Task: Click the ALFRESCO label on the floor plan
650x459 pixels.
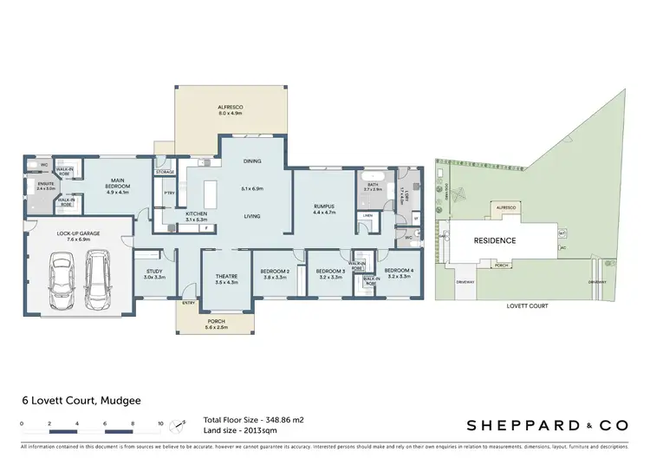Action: point(230,107)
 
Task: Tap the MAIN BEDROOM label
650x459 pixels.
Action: point(116,184)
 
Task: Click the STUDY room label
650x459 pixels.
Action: point(154,272)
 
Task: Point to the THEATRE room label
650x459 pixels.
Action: point(225,276)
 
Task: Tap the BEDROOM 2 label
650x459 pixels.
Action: point(276,272)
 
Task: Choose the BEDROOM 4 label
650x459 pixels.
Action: point(400,272)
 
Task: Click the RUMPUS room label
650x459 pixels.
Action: point(324,206)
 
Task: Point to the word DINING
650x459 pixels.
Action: point(251,161)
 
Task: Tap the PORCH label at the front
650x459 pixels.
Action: point(215,321)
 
